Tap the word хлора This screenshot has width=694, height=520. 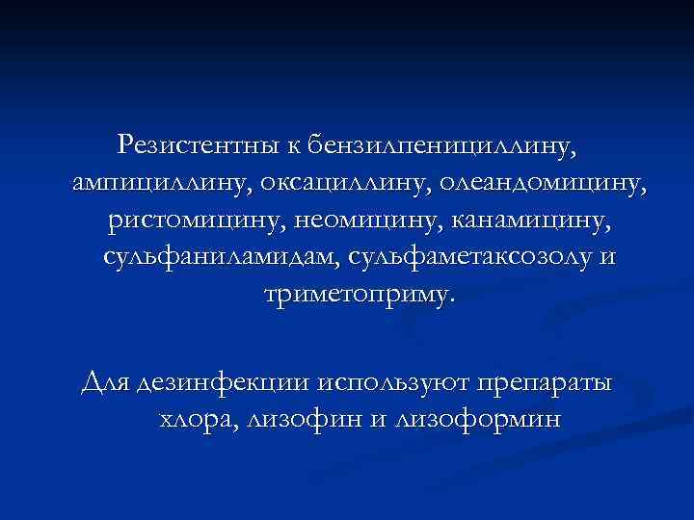198,421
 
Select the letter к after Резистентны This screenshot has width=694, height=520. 293,147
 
